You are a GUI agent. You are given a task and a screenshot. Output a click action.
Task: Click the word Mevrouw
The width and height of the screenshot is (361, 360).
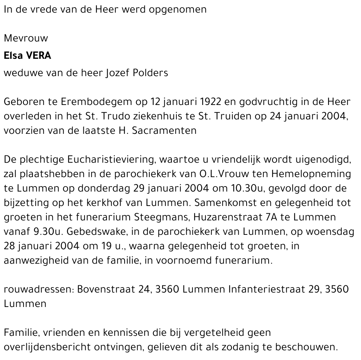click(x=26, y=38)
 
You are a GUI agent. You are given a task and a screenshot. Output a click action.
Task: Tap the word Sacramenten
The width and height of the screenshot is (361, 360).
click(x=164, y=131)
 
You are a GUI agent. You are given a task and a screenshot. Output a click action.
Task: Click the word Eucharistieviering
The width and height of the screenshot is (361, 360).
click(x=106, y=160)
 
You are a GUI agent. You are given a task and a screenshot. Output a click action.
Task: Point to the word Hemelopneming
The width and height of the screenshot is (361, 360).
click(x=311, y=174)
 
